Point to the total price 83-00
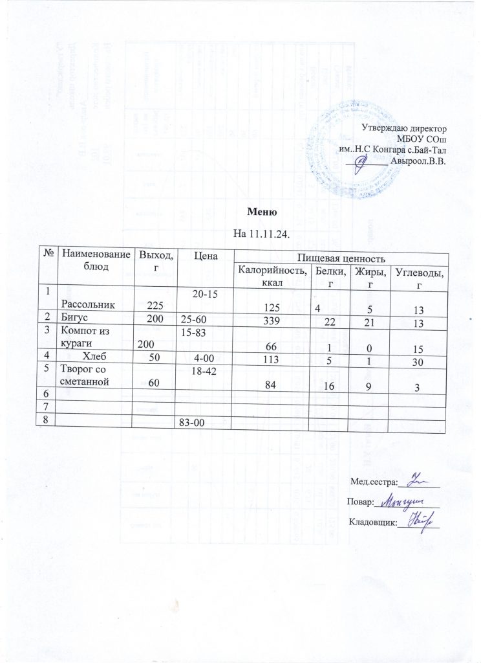[x=191, y=423]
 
